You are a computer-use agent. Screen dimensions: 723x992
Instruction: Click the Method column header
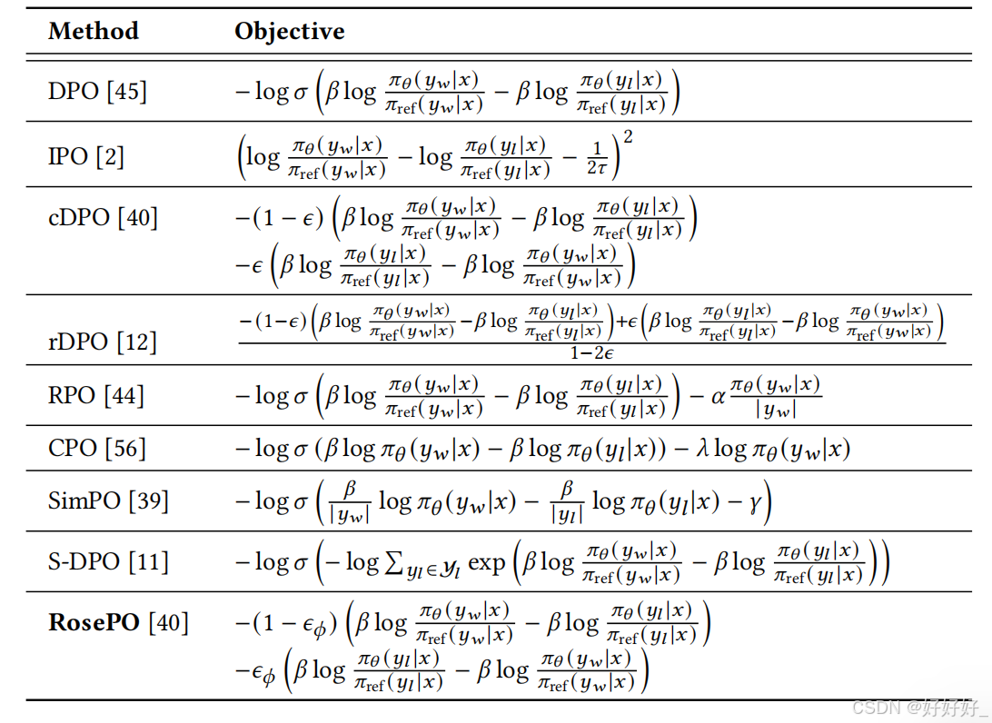[94, 31]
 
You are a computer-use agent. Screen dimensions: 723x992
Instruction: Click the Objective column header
[290, 31]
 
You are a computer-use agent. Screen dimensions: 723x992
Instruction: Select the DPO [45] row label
[97, 91]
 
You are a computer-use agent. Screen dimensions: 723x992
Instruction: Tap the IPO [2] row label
[86, 156]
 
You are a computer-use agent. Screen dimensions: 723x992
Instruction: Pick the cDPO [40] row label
[103, 218]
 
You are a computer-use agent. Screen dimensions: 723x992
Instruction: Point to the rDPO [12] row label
[103, 342]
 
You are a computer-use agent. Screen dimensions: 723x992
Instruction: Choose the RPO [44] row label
[96, 395]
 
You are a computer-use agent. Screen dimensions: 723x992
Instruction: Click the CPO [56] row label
[96, 448]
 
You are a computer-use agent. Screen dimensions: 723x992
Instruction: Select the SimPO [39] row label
[108, 500]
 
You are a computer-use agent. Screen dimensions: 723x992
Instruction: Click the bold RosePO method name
[93, 622]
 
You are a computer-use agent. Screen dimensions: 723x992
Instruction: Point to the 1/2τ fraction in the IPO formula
[597, 157]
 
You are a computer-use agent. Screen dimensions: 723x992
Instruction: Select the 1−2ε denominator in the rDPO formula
[591, 352]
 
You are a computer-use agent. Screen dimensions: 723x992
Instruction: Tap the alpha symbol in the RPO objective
[718, 396]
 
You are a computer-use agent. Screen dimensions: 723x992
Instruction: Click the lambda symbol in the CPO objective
[700, 449]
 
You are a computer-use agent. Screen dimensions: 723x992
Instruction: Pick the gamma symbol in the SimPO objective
[754, 501]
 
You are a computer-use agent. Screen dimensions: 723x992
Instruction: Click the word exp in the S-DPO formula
[486, 564]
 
